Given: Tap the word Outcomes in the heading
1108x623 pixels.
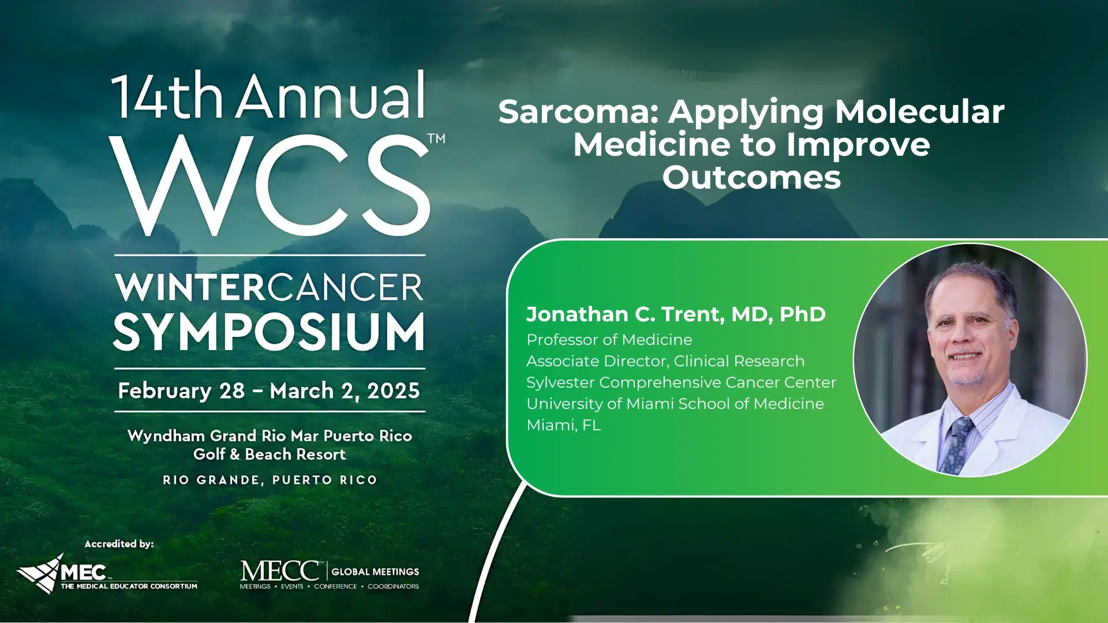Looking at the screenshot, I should pos(751,178).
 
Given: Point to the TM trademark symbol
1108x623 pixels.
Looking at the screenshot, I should pos(437,138).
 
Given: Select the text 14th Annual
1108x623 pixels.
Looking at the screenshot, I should pos(269,96).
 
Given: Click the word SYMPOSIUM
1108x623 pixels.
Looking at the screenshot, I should pos(269,332).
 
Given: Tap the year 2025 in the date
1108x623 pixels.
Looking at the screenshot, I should pos(394,391).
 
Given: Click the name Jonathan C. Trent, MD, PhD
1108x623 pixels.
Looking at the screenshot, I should pos(676,314).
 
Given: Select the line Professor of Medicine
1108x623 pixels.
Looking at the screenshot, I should pos(609,340).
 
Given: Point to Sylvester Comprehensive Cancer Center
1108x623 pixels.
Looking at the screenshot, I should pos(681,382).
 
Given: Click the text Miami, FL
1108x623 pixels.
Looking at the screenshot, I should pos(563,425).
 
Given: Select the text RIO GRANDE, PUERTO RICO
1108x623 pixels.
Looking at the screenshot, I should pos(269,480).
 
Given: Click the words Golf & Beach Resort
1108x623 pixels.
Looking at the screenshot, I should pos(269,455).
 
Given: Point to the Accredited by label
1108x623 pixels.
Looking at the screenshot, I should pos(119,544).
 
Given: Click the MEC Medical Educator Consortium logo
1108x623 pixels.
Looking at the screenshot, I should pos(107,574).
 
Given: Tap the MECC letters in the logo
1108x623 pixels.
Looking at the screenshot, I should pos(280,571).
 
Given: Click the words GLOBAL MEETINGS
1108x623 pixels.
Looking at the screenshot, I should pos(375,572).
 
